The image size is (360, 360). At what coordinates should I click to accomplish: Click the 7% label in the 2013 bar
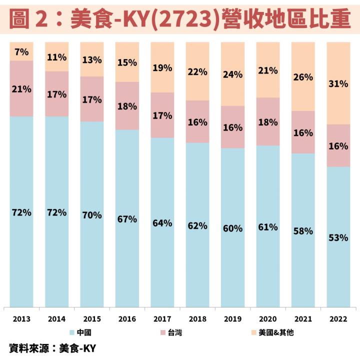[21, 51]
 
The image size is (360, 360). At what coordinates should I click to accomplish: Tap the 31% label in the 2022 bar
[338, 84]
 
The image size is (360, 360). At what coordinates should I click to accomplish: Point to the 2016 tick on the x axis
[127, 319]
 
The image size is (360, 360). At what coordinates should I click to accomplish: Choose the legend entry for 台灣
[170, 332]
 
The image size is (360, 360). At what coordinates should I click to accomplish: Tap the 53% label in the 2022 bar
[338, 237]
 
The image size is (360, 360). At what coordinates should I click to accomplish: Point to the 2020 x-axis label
[268, 319]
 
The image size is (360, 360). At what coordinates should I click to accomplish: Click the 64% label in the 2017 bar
[162, 222]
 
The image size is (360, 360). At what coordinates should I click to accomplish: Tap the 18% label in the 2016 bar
[127, 106]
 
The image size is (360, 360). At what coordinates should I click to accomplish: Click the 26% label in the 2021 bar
[303, 77]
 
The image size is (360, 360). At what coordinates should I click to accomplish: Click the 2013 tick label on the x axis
[21, 319]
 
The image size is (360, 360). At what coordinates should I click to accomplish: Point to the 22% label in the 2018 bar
[197, 71]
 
